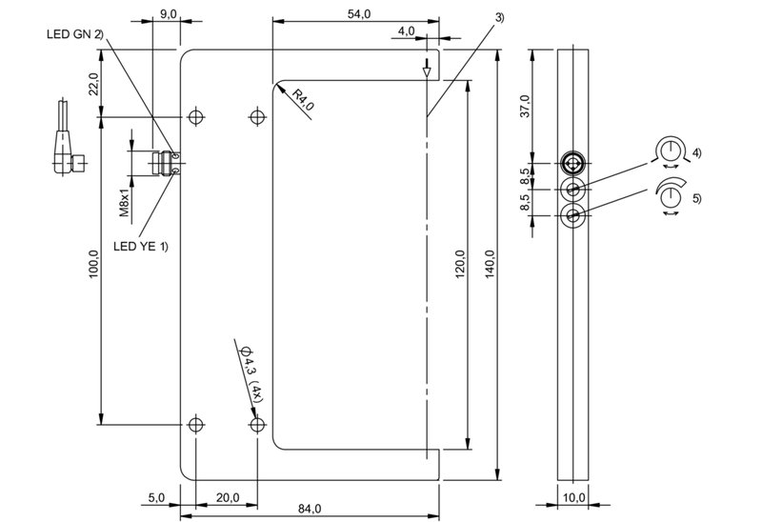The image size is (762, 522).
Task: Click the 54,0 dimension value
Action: coord(359,14)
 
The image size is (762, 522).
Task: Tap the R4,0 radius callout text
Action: coord(303,101)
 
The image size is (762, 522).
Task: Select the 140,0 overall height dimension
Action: coord(490,265)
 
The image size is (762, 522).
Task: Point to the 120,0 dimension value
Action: coord(460,265)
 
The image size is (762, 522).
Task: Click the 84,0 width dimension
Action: coord(310,509)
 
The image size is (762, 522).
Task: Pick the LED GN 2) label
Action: coord(75,34)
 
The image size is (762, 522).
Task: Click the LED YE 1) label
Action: coord(140,247)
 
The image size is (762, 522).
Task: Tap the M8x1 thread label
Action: coord(125,203)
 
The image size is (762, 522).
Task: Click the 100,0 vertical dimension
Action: coord(93,265)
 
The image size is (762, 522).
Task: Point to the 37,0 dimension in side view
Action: coord(526,106)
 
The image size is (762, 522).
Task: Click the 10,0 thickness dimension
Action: coord(573,497)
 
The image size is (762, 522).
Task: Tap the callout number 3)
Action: coord(499,17)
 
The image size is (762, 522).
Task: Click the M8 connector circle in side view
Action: coord(573,162)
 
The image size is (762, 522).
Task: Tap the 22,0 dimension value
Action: coord(93,84)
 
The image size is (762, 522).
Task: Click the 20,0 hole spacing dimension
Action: coord(228,497)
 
